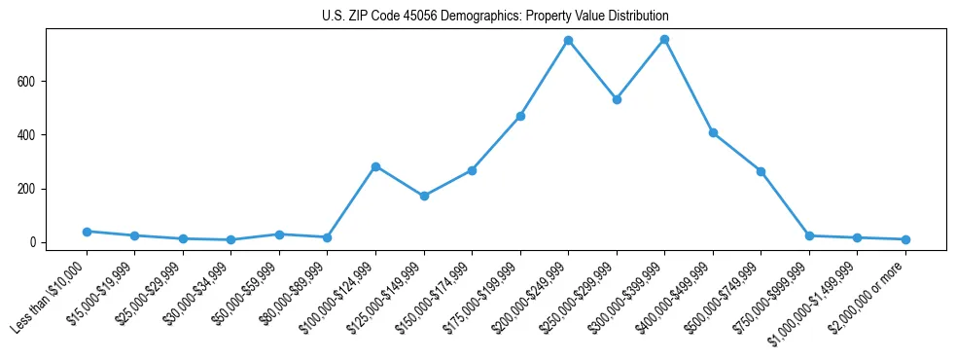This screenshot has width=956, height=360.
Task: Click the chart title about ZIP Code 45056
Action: tap(495, 17)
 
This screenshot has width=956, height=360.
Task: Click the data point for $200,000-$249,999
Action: tap(568, 40)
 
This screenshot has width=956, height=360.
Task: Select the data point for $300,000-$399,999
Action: tap(664, 39)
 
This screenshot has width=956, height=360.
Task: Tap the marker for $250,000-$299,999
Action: tap(617, 99)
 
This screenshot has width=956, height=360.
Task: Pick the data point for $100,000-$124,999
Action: tap(375, 166)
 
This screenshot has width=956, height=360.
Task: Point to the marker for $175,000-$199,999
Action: tap(520, 116)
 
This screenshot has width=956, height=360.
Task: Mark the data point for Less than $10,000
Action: tap(87, 232)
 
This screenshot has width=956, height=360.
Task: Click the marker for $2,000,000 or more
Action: tap(905, 239)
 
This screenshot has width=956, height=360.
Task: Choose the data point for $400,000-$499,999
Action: tap(713, 132)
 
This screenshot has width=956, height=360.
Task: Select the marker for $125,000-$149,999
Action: tap(424, 196)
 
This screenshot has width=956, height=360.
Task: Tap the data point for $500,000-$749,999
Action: tap(761, 171)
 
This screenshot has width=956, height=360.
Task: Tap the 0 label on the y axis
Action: tap(32, 242)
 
